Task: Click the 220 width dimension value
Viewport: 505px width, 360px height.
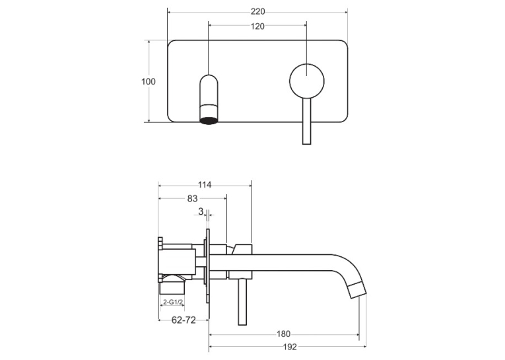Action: (257, 12)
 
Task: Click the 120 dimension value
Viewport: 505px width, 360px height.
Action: (257, 26)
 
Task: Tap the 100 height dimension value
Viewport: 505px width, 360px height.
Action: (148, 81)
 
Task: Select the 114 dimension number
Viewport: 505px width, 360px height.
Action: (205, 185)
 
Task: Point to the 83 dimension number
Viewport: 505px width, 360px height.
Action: (192, 199)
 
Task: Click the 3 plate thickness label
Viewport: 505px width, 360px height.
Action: (201, 211)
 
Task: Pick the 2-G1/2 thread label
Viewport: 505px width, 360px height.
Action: (173, 303)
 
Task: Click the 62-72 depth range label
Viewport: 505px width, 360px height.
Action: (184, 320)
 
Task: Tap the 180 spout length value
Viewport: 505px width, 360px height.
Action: (283, 334)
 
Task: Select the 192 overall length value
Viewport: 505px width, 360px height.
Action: (290, 347)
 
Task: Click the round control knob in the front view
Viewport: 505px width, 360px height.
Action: (306, 81)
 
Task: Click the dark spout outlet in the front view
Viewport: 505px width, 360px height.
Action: (209, 120)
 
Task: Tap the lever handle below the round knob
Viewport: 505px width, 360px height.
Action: (306, 121)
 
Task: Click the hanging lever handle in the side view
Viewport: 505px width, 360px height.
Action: (242, 302)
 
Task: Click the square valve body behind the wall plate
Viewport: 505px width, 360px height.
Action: (178, 262)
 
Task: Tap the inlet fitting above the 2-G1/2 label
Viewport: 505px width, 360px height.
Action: (172, 286)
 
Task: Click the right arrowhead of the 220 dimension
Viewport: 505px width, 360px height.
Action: (345, 13)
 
